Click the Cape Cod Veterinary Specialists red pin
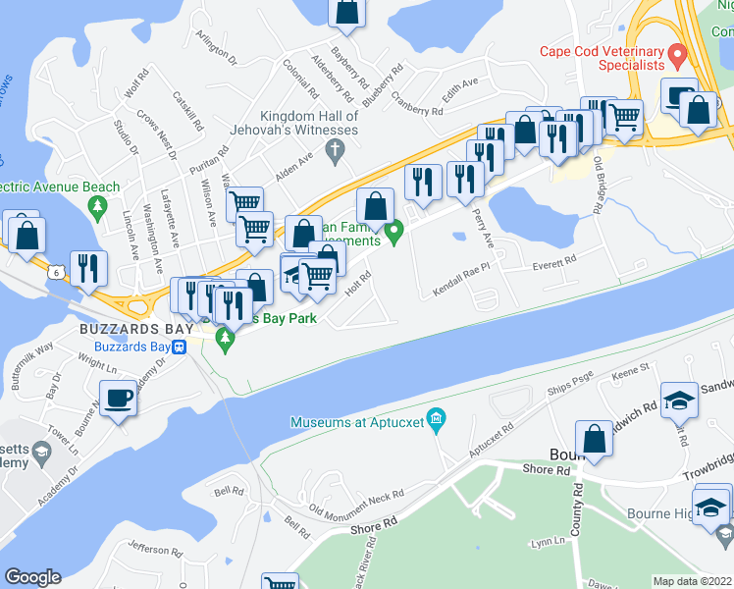tap(675, 52)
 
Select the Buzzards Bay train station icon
tap(180, 347)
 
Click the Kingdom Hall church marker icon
tap(336, 150)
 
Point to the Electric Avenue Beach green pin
tap(96, 207)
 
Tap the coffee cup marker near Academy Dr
tap(119, 399)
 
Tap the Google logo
tap(32, 576)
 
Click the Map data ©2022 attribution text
tap(691, 581)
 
